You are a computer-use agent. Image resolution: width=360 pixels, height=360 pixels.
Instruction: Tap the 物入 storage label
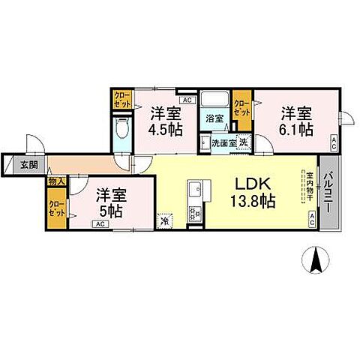[56, 181]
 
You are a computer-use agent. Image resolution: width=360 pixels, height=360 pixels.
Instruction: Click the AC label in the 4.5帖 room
[187, 100]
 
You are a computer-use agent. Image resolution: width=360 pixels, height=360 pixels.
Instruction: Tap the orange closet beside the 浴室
[241, 106]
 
